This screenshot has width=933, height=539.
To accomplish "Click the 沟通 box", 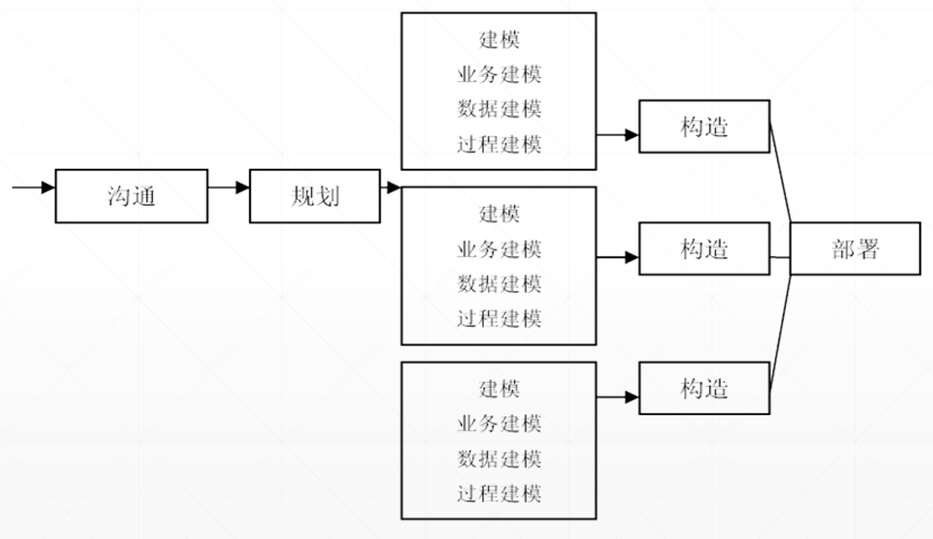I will click(131, 196).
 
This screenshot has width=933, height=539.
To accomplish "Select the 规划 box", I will click(314, 196).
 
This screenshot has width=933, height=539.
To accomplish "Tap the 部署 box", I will click(855, 249).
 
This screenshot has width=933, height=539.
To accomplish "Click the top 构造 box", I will click(704, 126).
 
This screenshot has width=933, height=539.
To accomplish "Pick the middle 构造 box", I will click(704, 249).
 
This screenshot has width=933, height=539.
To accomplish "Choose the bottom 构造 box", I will click(704, 388).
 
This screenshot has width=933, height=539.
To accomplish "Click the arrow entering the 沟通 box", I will click(34, 187).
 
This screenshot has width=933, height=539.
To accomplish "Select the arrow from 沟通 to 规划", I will click(228, 187).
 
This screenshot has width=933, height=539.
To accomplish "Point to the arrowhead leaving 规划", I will click(393, 187).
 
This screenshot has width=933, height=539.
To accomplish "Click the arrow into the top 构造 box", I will click(618, 135).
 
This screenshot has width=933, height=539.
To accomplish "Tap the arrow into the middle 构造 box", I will click(618, 258).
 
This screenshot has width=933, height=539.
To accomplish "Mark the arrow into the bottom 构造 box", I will click(618, 398).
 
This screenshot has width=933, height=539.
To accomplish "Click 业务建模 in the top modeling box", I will click(499, 75).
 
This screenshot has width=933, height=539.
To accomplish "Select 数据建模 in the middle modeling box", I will click(499, 284).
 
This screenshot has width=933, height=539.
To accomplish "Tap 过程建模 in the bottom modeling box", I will click(499, 493).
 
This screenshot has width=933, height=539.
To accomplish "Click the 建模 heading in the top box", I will click(499, 40).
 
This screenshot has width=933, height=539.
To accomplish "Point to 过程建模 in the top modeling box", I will click(499, 144).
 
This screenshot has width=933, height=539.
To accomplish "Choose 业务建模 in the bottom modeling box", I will click(499, 423).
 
